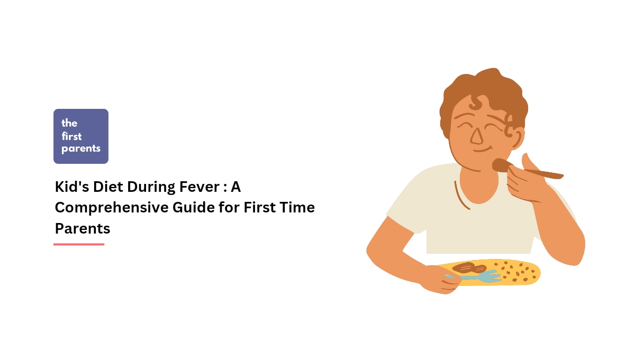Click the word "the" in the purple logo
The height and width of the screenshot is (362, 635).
click(69, 123)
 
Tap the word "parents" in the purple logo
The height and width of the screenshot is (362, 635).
click(81, 148)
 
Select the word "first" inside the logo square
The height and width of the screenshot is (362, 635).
click(72, 136)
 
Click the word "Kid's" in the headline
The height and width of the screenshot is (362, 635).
click(72, 187)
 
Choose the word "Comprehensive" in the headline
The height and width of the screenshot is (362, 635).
click(112, 208)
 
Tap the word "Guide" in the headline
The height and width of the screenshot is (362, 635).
click(194, 208)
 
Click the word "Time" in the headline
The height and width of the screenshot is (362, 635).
click(297, 208)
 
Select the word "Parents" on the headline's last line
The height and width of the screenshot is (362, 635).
click(83, 228)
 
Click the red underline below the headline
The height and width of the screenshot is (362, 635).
click(79, 244)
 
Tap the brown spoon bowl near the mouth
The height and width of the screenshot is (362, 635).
click(501, 165)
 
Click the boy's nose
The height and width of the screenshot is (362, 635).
click(477, 136)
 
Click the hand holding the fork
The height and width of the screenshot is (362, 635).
click(439, 280)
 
